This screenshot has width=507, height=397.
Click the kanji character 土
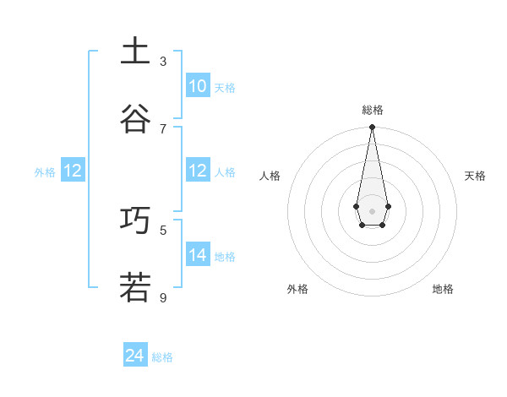click(135, 52)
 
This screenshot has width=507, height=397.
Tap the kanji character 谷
click(135, 119)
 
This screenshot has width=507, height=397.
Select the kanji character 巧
click(135, 220)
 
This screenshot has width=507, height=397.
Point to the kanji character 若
click(135, 287)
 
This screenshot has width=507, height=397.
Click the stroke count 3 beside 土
click(163, 61)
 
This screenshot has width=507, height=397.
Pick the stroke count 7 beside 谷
click(163, 128)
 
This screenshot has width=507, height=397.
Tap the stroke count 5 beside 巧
click(163, 229)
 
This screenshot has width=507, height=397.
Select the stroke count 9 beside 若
click(163, 296)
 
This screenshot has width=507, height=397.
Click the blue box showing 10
click(198, 86)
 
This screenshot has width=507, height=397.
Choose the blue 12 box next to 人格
click(198, 171)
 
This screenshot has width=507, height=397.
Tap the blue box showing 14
click(198, 255)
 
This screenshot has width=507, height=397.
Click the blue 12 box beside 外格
click(73, 171)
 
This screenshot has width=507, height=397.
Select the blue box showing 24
click(135, 356)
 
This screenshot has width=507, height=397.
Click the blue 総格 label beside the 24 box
click(162, 357)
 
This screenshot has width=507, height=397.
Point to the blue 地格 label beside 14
click(225, 257)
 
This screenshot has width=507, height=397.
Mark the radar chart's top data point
click(372, 128)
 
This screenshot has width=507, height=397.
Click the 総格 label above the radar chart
click(372, 110)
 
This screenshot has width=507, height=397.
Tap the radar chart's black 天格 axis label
click(475, 176)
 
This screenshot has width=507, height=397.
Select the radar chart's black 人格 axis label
click(270, 176)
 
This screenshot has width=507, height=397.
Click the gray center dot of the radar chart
click(372, 210)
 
